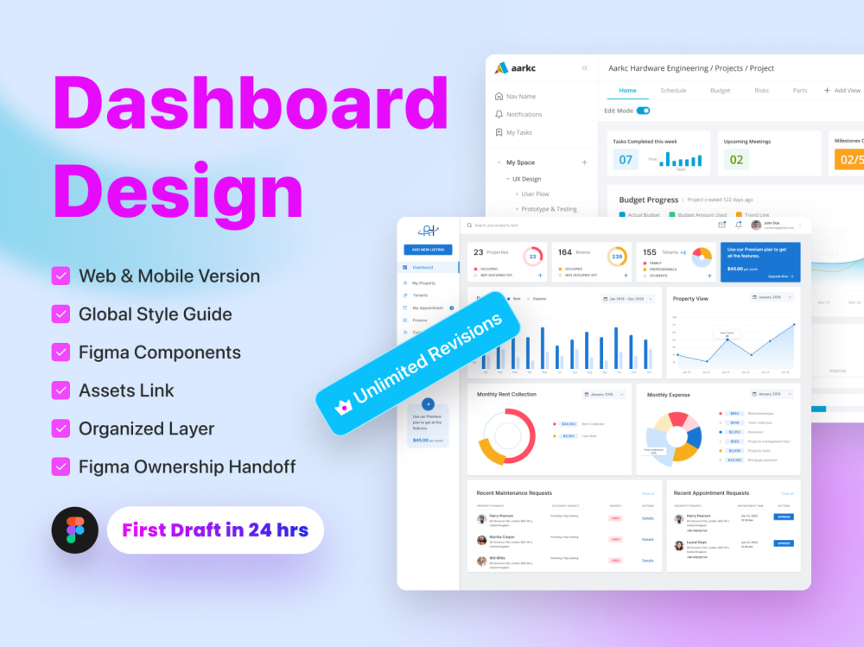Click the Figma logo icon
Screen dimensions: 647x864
(75, 530)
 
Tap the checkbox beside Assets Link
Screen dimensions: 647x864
(60, 390)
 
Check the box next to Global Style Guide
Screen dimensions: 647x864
(60, 314)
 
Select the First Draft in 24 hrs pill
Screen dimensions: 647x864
(215, 530)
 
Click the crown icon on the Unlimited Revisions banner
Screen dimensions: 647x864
(342, 404)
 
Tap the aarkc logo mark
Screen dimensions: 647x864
(502, 67)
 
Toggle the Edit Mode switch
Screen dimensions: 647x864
(643, 111)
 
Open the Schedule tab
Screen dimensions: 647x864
(673, 90)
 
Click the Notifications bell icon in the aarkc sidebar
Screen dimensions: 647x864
(499, 114)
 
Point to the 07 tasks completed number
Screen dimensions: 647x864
(626, 159)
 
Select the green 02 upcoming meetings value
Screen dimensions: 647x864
(736, 159)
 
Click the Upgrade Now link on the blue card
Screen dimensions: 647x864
(778, 276)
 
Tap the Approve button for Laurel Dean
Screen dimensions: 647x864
(783, 543)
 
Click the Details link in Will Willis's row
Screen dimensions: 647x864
(648, 560)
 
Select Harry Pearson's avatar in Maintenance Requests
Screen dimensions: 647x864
(481, 518)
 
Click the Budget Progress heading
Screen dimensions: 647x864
(648, 200)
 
